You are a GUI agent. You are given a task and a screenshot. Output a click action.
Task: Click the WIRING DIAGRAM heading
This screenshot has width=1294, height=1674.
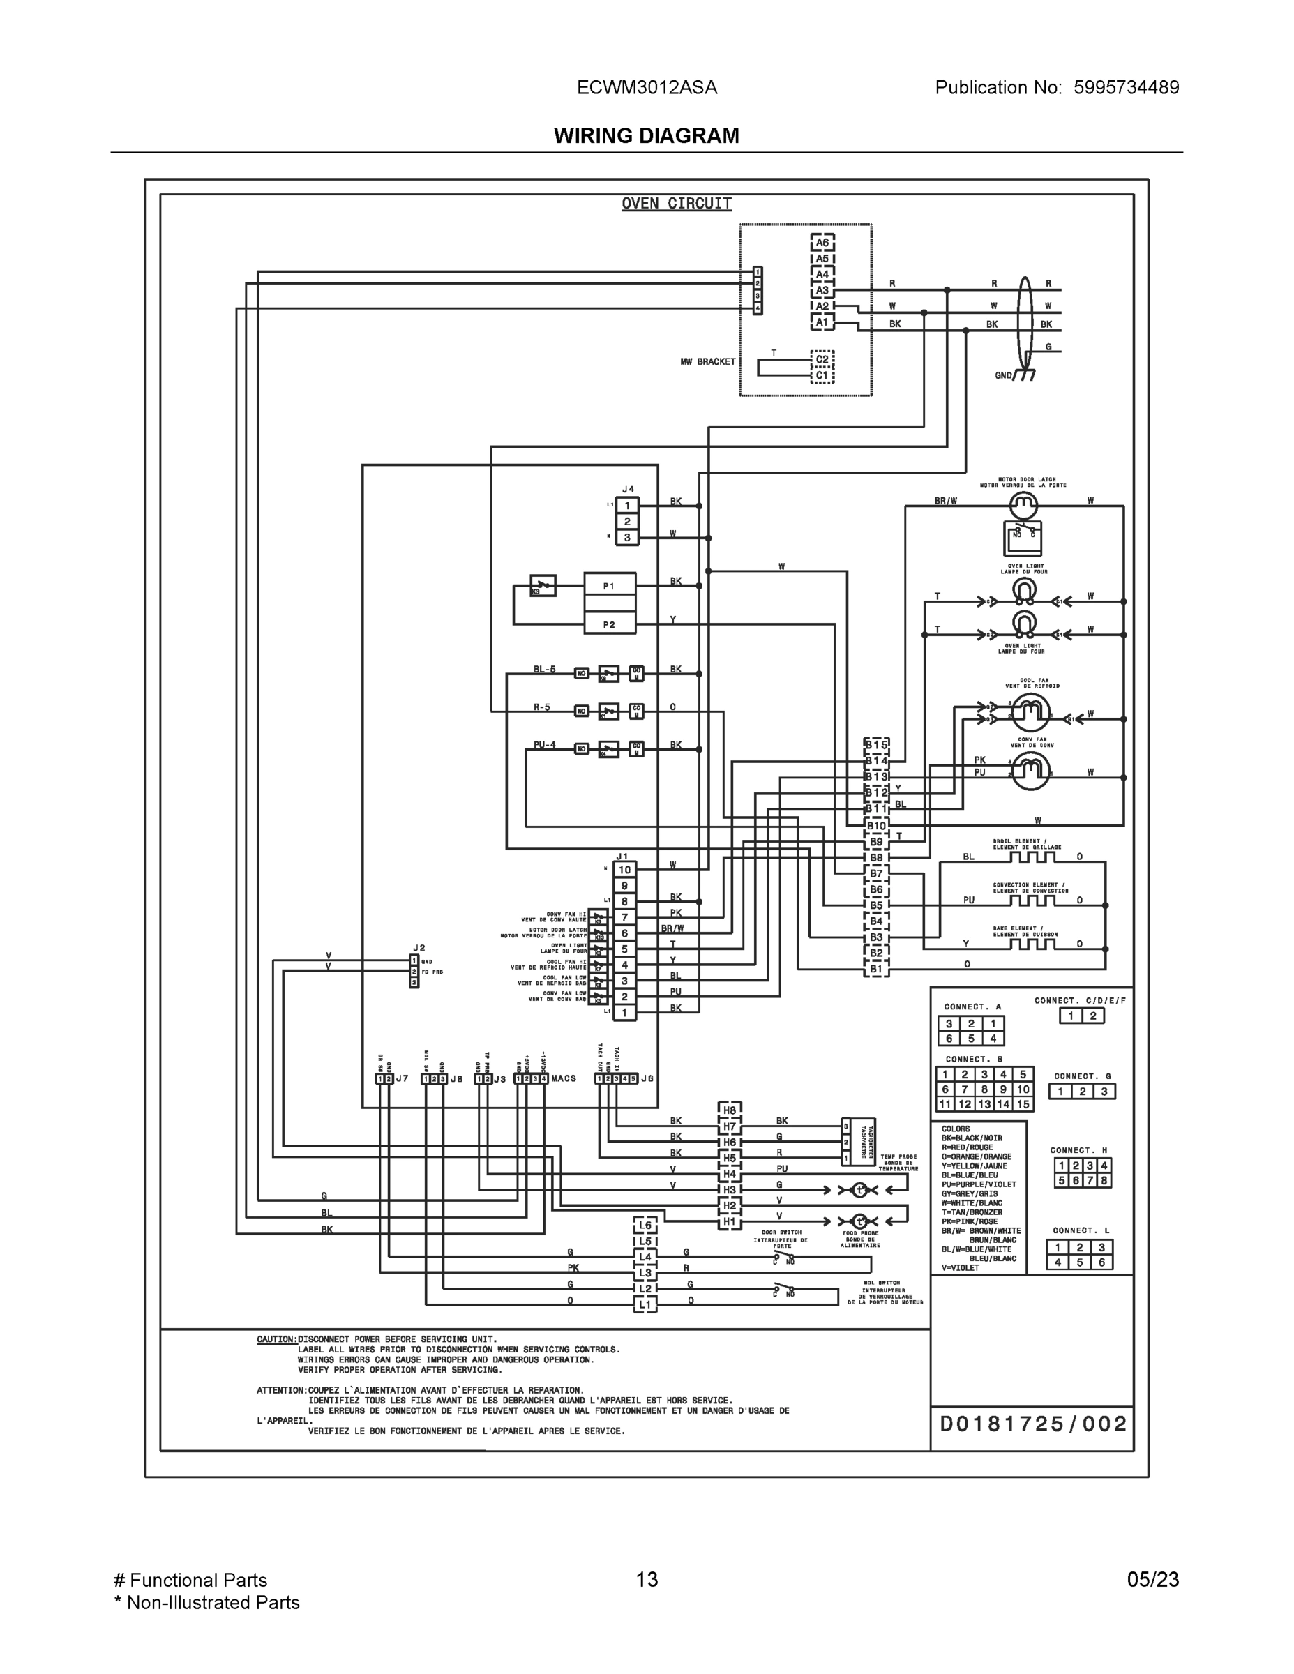646,136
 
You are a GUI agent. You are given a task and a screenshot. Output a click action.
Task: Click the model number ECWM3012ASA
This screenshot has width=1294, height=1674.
646,87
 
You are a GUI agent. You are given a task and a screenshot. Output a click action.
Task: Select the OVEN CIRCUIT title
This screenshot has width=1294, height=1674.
676,204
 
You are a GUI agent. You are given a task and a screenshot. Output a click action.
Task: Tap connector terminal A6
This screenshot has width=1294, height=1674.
822,243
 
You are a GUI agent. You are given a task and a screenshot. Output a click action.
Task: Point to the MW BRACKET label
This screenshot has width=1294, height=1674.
707,362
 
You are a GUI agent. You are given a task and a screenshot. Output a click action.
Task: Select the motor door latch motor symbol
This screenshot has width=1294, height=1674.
1023,505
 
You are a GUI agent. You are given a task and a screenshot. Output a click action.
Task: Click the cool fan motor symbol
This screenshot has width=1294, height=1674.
1030,714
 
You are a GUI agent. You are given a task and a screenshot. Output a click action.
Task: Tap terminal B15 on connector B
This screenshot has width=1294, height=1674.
875,745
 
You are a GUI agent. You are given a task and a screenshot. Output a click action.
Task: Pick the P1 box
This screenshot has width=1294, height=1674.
610,587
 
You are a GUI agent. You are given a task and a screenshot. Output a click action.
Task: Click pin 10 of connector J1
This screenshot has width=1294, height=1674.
625,870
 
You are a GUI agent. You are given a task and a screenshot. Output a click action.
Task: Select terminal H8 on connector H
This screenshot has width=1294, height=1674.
729,1110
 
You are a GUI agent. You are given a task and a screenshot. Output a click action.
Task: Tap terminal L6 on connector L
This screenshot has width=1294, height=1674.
645,1226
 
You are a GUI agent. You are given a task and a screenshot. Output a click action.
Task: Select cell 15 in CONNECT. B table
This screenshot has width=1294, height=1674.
1023,1105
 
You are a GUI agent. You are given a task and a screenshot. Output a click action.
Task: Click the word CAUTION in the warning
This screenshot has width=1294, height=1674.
276,1340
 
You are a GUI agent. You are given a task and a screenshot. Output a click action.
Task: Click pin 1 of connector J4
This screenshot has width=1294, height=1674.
627,506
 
